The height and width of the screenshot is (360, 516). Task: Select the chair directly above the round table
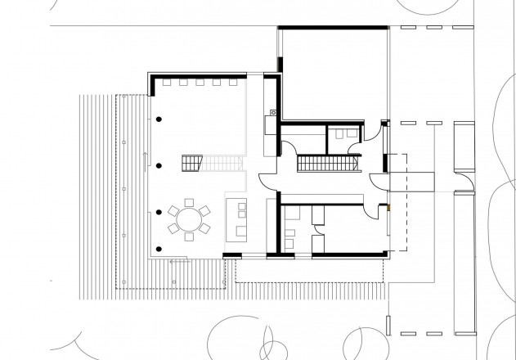[190, 202]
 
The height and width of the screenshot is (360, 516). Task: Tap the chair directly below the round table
[190, 237]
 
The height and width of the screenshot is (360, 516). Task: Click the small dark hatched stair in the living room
[191, 163]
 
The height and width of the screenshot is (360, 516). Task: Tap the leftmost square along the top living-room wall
[167, 82]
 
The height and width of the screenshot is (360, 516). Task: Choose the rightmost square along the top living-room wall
[231, 82]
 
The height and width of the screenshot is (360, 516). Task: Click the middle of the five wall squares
[200, 82]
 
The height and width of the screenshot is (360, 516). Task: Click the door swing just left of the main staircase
[287, 149]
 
